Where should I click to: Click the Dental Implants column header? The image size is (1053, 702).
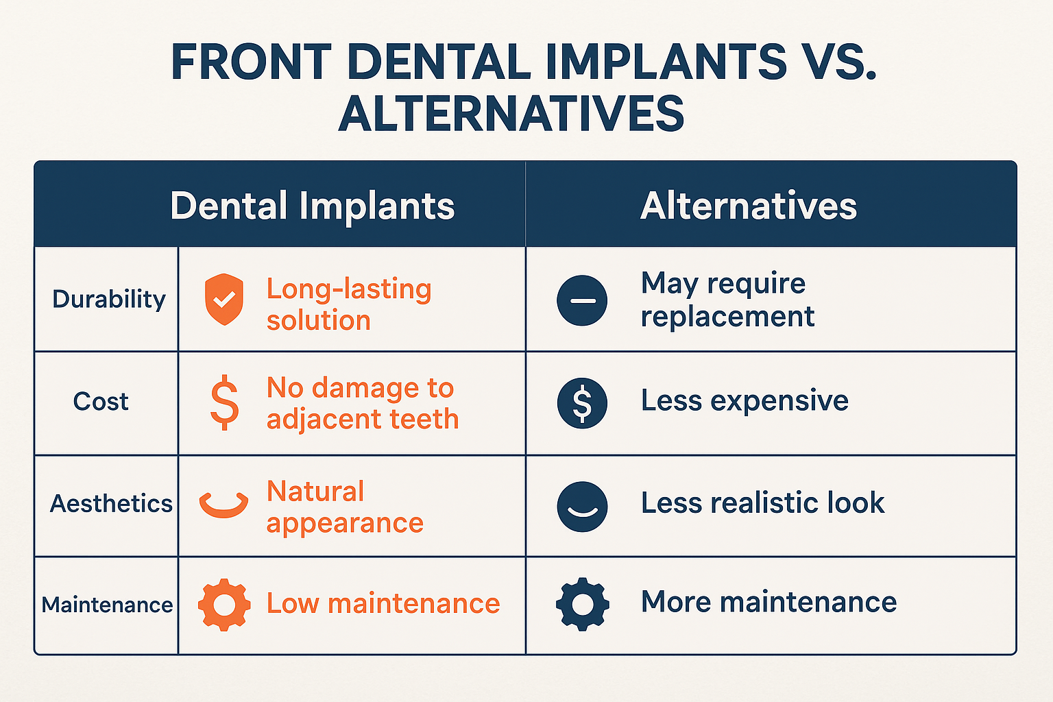point(312,206)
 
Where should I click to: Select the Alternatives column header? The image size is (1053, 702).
point(748,206)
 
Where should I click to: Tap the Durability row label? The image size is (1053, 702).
point(109,299)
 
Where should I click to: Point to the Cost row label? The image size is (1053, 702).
point(101,402)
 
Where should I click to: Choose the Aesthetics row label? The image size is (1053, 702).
point(111,504)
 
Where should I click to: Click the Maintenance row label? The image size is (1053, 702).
point(107,605)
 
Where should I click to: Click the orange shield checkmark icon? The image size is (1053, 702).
point(224,299)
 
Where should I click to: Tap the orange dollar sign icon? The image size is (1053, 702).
point(224,403)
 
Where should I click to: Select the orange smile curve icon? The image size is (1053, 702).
point(223,505)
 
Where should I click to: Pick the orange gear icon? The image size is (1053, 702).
point(224,604)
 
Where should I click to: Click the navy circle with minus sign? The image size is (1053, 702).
point(582,300)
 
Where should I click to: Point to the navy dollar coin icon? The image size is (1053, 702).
point(582,402)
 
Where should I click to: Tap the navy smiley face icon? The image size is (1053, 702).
point(582,506)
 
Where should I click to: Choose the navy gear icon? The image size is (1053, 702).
point(582,604)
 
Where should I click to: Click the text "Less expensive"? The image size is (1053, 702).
point(745,401)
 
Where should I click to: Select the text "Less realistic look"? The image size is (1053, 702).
point(762,503)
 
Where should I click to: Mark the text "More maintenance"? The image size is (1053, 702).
point(768,603)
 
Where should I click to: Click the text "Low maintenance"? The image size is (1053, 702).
point(383,604)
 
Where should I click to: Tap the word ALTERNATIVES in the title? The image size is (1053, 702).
point(511,114)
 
